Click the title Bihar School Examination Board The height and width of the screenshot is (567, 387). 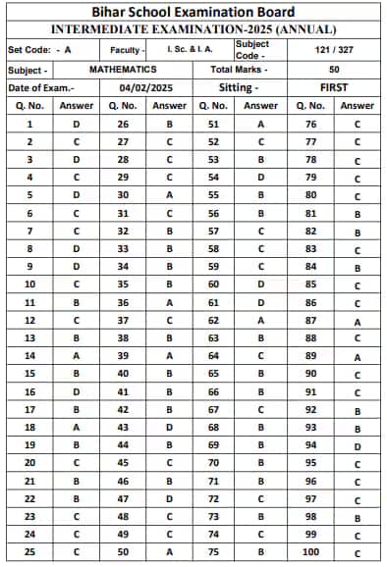click(193, 11)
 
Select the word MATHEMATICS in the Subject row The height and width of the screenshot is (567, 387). click(123, 71)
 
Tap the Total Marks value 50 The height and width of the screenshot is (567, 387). click(335, 71)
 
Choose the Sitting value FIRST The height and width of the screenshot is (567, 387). click(335, 87)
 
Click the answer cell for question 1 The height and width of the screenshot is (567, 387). click(76, 124)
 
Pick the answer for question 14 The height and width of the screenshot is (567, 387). click(76, 355)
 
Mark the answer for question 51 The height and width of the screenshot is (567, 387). click(261, 124)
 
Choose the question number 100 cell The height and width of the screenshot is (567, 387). click(310, 552)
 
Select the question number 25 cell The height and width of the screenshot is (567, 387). click(29, 552)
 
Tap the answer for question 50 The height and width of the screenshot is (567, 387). click(170, 552)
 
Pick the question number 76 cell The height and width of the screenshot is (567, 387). click(310, 124)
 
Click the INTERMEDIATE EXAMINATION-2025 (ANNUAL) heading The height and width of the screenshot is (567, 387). click(193, 29)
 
